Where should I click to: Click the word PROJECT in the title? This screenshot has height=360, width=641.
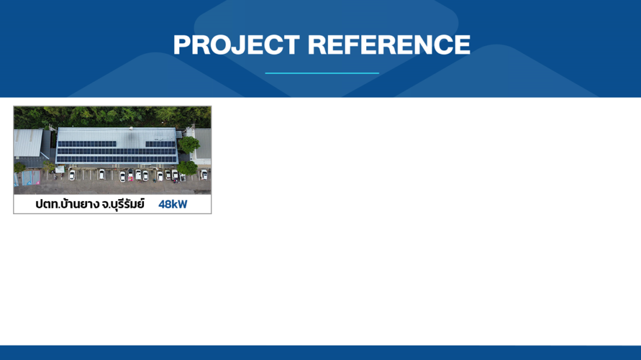tap(237, 44)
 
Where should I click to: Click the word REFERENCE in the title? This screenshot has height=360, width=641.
tap(389, 44)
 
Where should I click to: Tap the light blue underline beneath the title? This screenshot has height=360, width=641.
tap(322, 73)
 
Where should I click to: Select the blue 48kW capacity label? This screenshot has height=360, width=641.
tap(173, 204)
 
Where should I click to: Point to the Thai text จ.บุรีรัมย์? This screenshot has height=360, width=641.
tap(123, 203)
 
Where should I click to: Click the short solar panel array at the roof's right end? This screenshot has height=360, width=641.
tap(160, 144)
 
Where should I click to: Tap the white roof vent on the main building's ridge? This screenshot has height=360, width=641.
tap(131, 128)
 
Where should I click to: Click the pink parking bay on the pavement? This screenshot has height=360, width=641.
tap(36, 177)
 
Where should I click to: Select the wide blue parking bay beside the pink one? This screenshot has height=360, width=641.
tap(27, 178)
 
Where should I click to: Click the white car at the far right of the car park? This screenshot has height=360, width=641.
tap(203, 175)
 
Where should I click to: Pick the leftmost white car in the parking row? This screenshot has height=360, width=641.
tap(72, 175)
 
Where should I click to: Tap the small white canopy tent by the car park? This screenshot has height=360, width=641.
tap(59, 169)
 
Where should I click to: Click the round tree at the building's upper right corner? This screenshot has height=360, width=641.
tap(189, 145)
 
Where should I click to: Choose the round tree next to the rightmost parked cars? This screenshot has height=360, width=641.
tap(187, 168)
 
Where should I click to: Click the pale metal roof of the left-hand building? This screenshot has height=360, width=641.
tap(28, 143)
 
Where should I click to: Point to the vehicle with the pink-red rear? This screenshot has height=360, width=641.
tap(130, 175)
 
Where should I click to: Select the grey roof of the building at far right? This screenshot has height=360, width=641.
tap(203, 144)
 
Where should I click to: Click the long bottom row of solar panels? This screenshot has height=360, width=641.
tap(116, 159)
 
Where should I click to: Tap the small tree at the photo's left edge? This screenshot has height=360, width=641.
tap(19, 167)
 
